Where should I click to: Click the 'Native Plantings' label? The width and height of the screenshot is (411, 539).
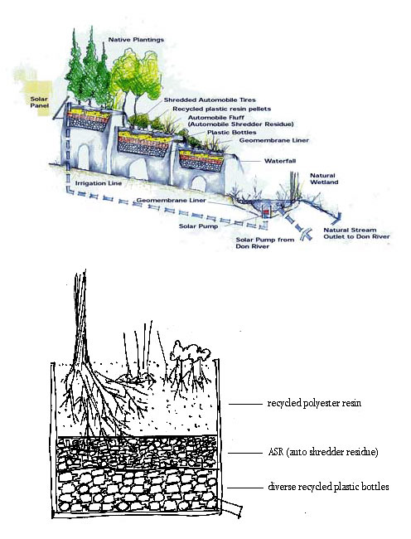click(137, 40)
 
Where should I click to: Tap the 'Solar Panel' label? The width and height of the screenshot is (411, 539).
click(39, 102)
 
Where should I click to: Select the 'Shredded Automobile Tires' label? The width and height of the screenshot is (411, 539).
click(210, 100)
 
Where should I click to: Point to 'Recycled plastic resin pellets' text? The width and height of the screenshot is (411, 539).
click(222, 109)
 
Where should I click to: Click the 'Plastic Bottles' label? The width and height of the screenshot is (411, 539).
click(232, 132)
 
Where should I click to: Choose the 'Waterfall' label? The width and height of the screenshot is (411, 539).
click(280, 161)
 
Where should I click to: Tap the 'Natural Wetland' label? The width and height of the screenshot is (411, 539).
click(324, 179)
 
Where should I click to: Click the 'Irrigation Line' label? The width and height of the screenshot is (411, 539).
click(99, 183)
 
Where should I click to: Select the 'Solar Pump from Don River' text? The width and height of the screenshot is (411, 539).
click(264, 243)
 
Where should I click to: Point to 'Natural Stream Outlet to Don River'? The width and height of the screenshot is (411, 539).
click(357, 233)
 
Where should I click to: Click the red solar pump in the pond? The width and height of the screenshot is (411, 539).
click(266, 212)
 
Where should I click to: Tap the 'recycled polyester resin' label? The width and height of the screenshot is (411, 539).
click(314, 403)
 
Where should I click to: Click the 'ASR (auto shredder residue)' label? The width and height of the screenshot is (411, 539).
click(323, 451)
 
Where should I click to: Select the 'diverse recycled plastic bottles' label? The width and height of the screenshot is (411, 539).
click(328, 487)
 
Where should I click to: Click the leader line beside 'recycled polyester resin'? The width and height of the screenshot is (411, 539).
click(245, 404)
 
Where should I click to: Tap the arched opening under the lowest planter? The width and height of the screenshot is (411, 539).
click(199, 183)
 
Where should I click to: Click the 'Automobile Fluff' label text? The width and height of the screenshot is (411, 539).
click(216, 117)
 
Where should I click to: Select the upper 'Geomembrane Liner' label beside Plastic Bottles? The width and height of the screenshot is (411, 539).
click(274, 140)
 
